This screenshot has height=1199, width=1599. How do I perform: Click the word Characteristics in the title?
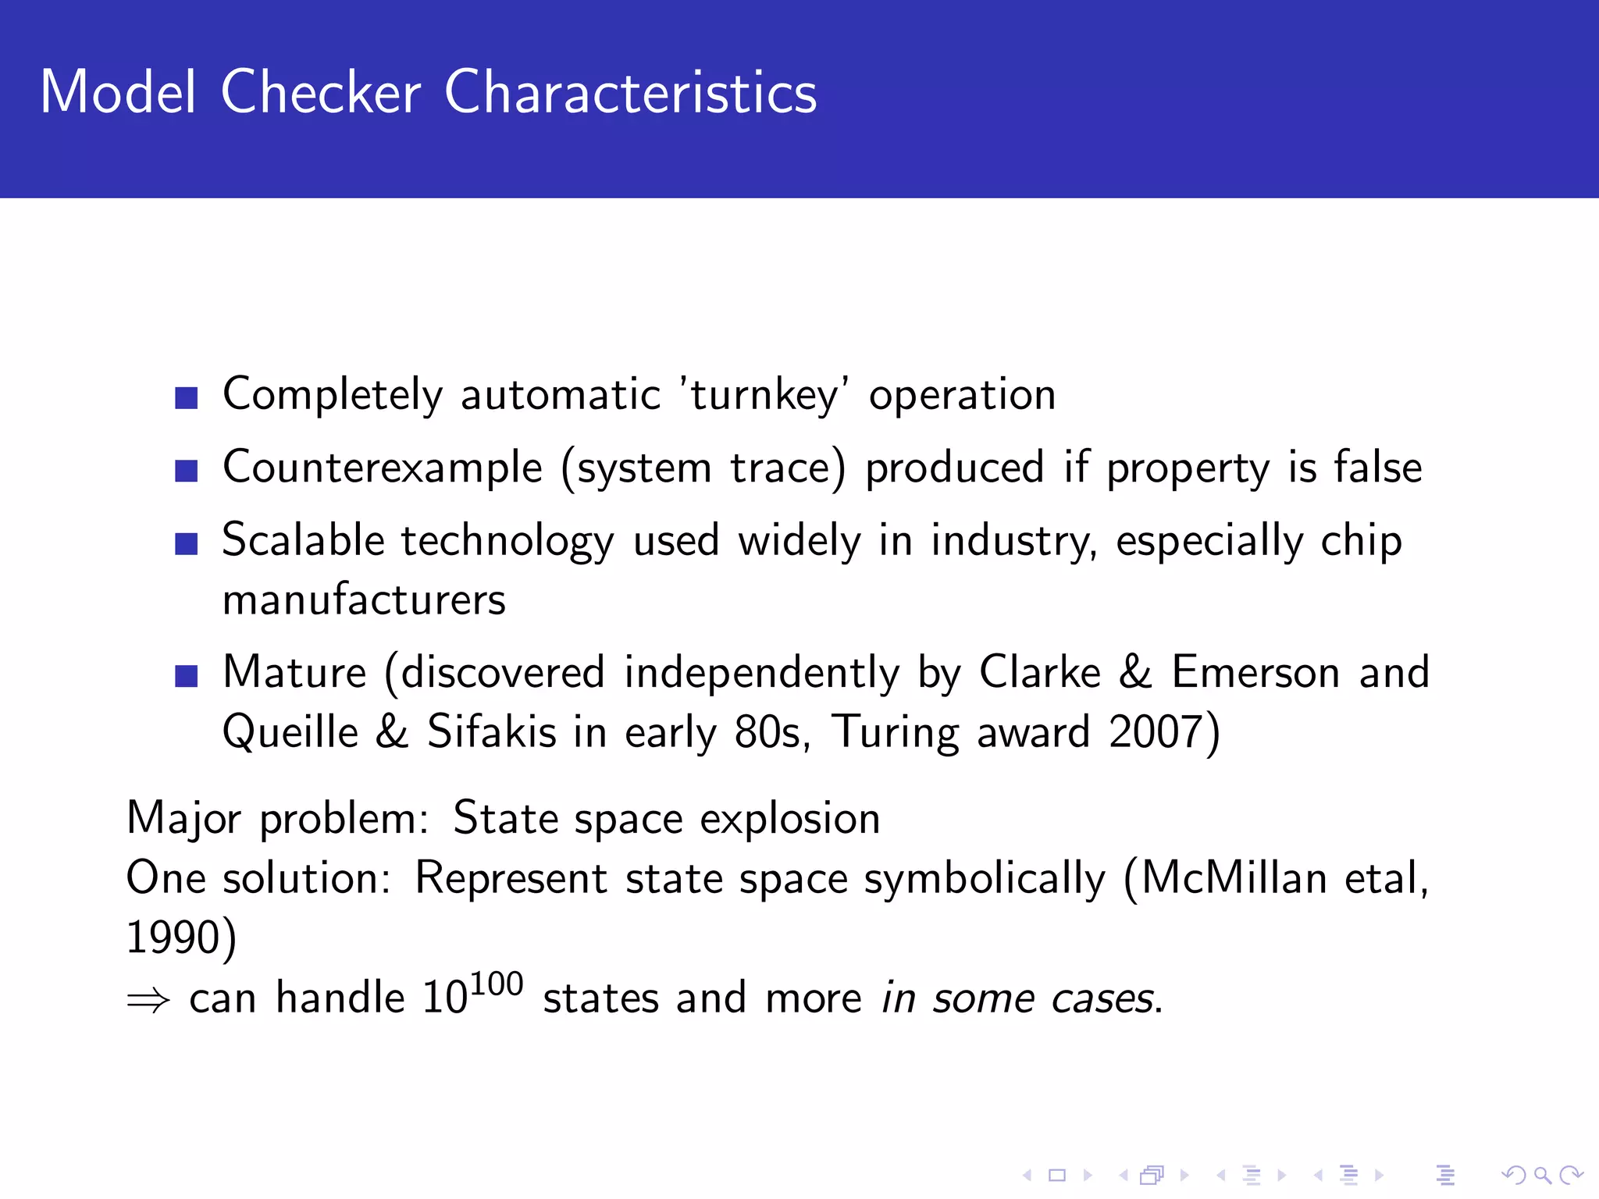click(630, 93)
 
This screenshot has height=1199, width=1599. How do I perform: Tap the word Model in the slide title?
click(118, 93)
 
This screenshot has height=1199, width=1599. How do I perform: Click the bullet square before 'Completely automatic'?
click(187, 398)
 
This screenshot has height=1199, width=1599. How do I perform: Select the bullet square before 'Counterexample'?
click(187, 471)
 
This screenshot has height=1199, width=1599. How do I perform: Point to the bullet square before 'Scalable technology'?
click(187, 543)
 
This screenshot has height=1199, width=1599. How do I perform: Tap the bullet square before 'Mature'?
click(187, 675)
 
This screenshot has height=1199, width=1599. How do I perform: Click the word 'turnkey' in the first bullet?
click(764, 394)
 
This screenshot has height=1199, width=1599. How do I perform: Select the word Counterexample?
click(383, 468)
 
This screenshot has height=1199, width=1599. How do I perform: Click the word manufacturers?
click(364, 600)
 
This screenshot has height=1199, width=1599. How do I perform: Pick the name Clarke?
click(1039, 672)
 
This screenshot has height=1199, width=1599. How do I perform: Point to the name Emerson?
click(1255, 672)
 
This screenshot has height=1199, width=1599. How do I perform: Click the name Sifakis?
click(491, 732)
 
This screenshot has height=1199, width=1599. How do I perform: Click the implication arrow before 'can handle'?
click(148, 1000)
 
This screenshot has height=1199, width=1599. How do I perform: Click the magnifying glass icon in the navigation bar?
click(1542, 1175)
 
